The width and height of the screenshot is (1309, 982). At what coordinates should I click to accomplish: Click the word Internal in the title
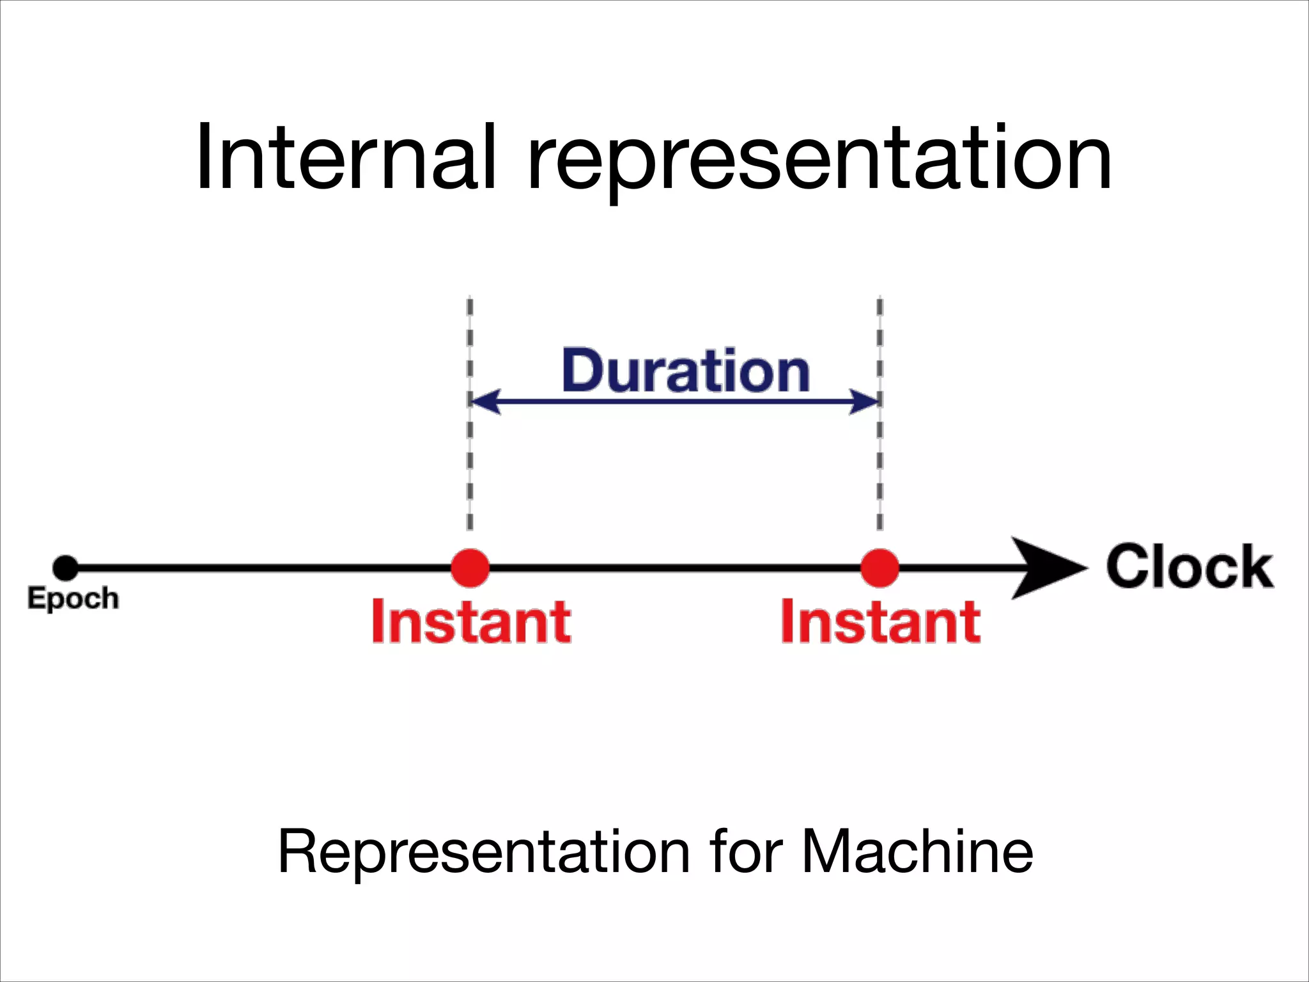pos(346,157)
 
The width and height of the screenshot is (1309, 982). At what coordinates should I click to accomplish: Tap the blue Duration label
pos(685,371)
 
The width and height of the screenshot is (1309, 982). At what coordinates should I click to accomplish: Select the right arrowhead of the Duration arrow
pos(864,401)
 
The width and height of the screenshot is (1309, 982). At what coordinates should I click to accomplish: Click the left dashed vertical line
pos(470,460)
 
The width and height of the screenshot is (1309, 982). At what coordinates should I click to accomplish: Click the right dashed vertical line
pos(880,460)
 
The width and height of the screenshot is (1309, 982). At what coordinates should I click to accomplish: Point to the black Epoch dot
pos(65,567)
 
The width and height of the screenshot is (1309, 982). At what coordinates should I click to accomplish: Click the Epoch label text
pos(73,599)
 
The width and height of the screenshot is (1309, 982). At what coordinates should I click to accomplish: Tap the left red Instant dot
pos(470,567)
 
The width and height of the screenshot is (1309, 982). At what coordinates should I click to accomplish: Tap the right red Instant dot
pos(880,567)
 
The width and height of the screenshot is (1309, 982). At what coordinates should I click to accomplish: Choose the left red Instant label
pos(471,621)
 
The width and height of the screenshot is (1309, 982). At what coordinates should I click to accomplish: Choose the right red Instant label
pos(881,621)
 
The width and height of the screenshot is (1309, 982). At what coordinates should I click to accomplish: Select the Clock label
pos(1189,567)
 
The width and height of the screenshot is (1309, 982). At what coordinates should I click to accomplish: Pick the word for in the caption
pos(745,852)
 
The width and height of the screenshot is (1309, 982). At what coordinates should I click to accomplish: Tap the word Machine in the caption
pos(917,852)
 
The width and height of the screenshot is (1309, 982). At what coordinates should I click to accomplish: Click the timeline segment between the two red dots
pos(675,567)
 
